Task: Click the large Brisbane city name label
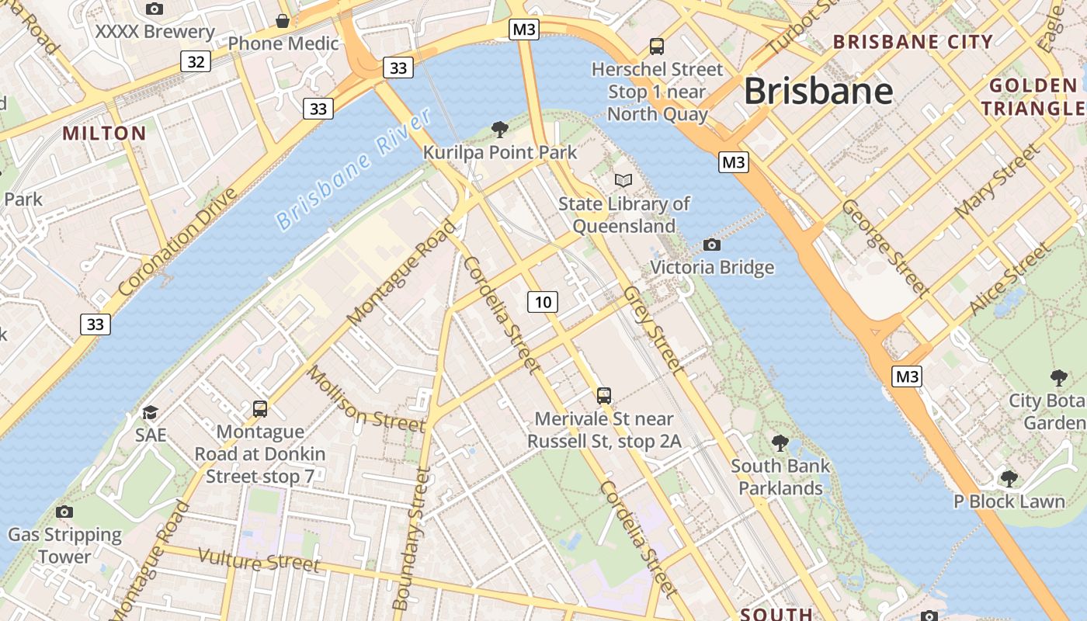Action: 818,92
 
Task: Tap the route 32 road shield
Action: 196,61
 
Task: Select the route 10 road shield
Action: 543,302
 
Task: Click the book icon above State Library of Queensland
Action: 623,180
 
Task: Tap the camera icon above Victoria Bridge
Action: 711,245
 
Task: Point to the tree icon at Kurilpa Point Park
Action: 499,129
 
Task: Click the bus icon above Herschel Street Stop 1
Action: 657,46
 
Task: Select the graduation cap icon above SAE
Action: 150,412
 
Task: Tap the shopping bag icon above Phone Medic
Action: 283,20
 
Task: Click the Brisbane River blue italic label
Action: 354,169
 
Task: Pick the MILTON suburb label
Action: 104,134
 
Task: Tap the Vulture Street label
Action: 259,560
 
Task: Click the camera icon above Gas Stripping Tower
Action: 64,512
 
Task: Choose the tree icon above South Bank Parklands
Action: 780,443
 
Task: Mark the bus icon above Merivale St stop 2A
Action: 604,396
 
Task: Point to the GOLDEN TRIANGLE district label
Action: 1034,97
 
